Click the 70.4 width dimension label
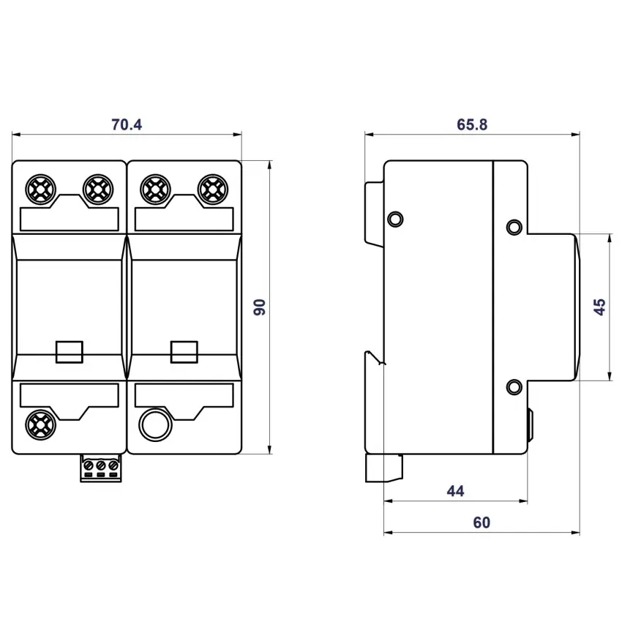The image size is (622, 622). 126,124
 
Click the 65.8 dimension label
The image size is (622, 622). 472,124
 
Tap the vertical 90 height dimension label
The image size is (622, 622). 259,307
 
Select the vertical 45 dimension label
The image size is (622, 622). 599,307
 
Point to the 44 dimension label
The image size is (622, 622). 455,491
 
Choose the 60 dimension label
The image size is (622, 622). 482,522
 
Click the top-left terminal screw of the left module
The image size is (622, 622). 40,190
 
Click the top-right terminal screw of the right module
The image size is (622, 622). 211,190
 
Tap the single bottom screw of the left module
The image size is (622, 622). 40,424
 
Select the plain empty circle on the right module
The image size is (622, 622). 154,424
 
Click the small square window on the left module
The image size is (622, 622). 69,351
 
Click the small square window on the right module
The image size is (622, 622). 183,351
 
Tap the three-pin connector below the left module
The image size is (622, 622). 100,468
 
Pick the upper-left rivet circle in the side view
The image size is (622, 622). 394,218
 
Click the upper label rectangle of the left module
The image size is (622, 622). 69,219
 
